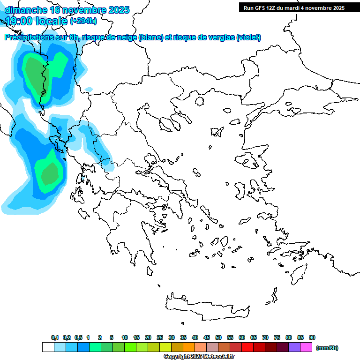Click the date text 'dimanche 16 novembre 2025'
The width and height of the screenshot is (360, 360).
point(67,10)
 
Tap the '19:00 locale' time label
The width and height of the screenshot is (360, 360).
point(37,21)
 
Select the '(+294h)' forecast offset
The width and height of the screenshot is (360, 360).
point(83,21)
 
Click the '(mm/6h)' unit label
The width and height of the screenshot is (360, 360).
point(327,348)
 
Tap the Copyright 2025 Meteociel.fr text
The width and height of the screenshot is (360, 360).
point(199,357)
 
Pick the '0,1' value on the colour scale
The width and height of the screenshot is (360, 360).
point(54,337)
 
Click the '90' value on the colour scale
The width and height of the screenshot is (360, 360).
point(312,337)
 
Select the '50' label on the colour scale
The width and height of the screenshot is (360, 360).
point(218,337)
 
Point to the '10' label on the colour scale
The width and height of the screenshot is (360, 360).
point(125,337)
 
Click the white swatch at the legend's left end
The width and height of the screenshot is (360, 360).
point(48,347)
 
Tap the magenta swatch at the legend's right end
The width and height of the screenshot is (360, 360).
point(306,347)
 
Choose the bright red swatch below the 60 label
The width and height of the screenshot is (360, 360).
point(247,347)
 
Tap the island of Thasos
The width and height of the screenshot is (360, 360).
point(200,101)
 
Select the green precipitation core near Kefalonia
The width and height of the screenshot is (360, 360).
point(49,174)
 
